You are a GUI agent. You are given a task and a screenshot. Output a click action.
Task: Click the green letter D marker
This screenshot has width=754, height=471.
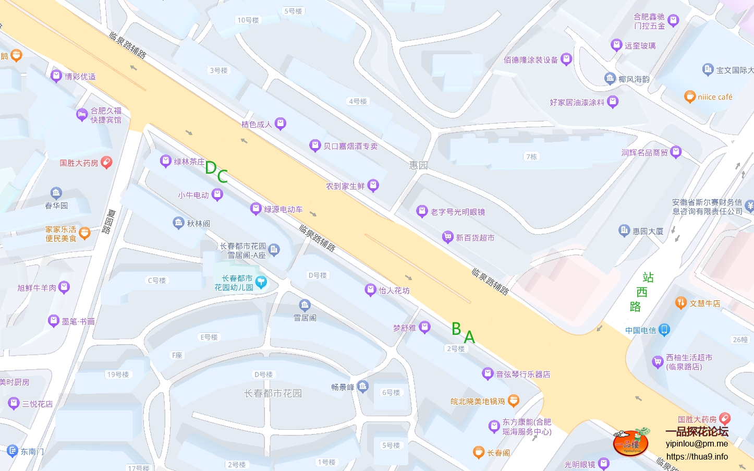(211, 167)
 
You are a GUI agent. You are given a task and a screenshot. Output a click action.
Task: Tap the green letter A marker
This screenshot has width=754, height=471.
(469, 337)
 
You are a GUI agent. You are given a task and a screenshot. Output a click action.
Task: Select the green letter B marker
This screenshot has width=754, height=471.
(456, 329)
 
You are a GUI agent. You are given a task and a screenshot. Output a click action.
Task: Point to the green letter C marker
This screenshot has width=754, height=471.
(223, 176)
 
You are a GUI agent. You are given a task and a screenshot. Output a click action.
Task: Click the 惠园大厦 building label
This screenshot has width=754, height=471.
(648, 231)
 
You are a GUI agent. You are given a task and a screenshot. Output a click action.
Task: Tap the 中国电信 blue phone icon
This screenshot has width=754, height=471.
(664, 330)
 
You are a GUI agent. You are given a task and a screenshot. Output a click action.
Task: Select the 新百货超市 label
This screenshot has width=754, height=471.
(475, 238)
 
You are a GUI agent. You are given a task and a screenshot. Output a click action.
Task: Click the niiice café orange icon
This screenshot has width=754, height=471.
(690, 96)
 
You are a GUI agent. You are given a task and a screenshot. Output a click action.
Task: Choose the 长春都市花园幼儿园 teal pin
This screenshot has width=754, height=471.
(261, 282)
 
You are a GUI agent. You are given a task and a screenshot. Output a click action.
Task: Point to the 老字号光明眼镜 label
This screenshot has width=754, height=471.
(458, 212)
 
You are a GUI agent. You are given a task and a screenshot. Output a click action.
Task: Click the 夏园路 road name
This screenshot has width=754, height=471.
(109, 222)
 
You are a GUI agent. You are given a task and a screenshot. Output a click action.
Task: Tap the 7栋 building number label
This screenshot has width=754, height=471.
(531, 156)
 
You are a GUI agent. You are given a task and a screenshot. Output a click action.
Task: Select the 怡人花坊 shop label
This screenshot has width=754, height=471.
(394, 291)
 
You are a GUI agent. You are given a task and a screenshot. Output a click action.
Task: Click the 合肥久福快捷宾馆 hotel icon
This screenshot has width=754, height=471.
(82, 115)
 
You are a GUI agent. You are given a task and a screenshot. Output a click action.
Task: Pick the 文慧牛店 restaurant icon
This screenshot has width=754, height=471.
(680, 303)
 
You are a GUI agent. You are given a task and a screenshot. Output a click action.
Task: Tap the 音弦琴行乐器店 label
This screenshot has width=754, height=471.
(523, 374)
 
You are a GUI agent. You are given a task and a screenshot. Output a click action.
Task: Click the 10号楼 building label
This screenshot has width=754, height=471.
(248, 20)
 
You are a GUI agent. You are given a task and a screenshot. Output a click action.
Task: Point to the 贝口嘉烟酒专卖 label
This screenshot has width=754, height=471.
(350, 146)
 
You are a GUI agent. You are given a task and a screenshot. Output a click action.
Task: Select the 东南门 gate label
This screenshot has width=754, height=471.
(32, 451)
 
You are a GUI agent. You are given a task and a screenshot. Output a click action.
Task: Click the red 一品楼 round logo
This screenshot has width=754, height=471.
(630, 443)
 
